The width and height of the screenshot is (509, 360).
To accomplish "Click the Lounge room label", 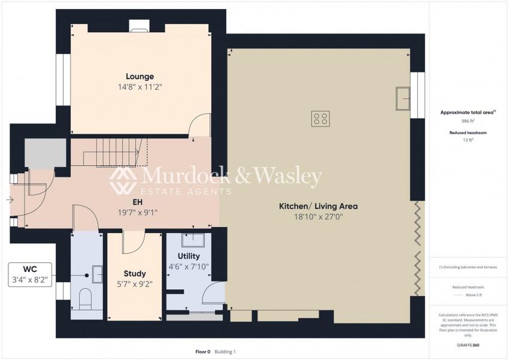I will (x=140, y=76).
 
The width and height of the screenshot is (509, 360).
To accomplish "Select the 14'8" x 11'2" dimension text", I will (x=140, y=86).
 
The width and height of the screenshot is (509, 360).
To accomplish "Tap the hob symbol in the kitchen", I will (x=320, y=119).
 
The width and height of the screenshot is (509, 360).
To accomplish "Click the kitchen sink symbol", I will (x=402, y=99).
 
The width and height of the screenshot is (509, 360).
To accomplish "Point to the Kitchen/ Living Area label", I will (x=318, y=206).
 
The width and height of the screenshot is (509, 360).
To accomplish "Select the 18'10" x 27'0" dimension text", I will (x=318, y=216).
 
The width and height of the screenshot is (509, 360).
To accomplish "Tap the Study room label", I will (x=135, y=274).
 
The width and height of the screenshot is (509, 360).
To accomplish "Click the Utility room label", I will (x=189, y=256).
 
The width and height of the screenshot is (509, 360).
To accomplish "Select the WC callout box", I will (x=30, y=273).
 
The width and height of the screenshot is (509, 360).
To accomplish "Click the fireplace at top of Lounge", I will (x=140, y=26).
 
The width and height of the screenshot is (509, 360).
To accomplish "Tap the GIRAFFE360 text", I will (x=468, y=345).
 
